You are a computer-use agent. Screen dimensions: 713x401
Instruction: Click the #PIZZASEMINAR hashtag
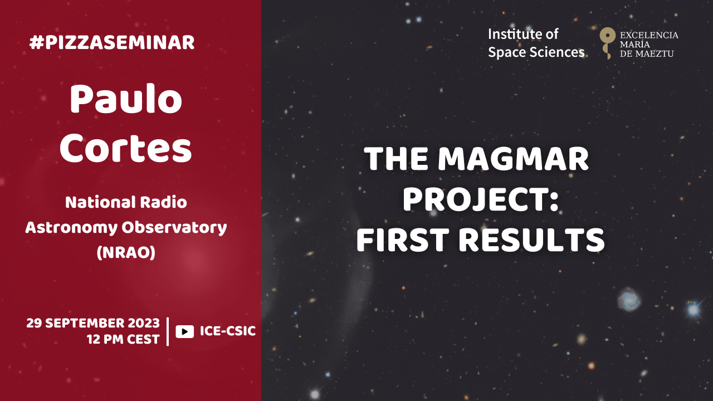point(112,43)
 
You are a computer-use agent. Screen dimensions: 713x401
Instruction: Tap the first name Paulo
point(126,99)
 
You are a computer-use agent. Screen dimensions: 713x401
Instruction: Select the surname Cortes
point(126,148)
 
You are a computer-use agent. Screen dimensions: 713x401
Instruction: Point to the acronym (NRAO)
point(126,252)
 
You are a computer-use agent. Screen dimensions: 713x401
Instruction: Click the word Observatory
point(174,228)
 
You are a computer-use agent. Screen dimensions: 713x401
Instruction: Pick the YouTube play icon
point(184,331)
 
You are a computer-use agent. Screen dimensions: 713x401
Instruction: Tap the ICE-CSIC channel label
point(228,331)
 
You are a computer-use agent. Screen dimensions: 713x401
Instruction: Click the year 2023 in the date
point(144,324)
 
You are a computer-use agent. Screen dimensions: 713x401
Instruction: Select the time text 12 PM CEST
point(123,340)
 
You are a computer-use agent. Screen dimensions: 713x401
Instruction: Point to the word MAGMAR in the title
point(513,159)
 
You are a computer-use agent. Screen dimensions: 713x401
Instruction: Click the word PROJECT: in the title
point(481,199)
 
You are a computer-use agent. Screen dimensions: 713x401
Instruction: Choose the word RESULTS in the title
point(531,240)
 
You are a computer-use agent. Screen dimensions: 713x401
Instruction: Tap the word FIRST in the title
point(403,240)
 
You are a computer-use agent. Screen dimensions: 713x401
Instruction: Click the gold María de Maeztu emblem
point(607,42)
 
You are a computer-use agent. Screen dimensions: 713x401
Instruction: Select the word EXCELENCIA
point(649,35)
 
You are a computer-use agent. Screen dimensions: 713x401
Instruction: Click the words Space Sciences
point(536,52)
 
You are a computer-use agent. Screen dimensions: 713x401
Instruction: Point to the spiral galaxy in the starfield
point(629,299)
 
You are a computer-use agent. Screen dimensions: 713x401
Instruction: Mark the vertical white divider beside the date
point(168,331)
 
